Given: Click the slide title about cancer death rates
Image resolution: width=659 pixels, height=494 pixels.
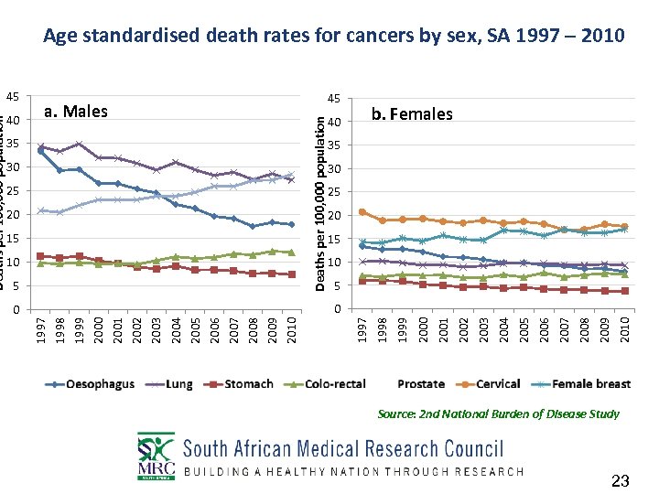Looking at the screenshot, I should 334,37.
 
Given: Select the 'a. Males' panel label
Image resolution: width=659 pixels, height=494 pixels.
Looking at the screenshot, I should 76,113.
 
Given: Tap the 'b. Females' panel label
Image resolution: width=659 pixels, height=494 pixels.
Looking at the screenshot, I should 411,114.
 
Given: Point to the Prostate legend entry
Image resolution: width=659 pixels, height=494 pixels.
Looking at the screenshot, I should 421,384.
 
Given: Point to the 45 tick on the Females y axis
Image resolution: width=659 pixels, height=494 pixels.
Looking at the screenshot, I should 335,99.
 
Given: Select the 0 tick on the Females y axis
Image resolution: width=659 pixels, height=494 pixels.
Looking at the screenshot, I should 338,309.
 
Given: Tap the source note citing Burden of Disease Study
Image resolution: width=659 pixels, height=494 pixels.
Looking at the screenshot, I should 498,414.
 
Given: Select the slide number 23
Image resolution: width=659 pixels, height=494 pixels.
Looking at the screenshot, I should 621,481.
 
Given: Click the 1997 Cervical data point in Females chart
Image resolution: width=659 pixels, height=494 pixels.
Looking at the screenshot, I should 362,212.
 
